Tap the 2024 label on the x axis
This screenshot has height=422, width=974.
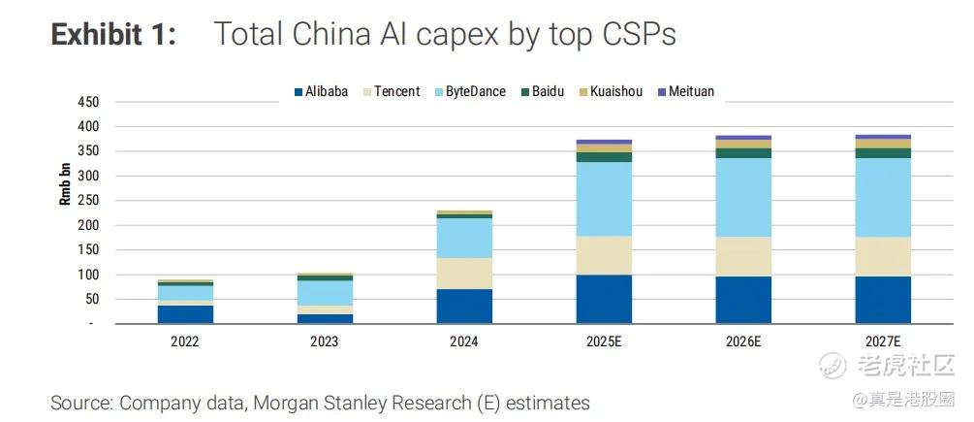(463, 342)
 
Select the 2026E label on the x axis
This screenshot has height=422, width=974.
(743, 342)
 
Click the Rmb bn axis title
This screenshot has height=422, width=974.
(65, 183)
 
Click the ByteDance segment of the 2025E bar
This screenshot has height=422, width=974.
(604, 199)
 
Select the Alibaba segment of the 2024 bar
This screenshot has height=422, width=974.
(463, 306)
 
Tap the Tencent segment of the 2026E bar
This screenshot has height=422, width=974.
(743, 256)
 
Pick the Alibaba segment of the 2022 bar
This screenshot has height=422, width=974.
(184, 314)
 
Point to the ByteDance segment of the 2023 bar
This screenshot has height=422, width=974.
(324, 293)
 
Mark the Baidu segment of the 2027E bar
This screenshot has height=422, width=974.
(883, 153)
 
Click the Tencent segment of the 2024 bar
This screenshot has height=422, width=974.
(463, 273)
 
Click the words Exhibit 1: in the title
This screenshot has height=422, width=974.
(113, 34)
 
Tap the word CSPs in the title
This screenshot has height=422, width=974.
(635, 34)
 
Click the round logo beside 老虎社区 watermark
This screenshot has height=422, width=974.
(833, 366)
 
